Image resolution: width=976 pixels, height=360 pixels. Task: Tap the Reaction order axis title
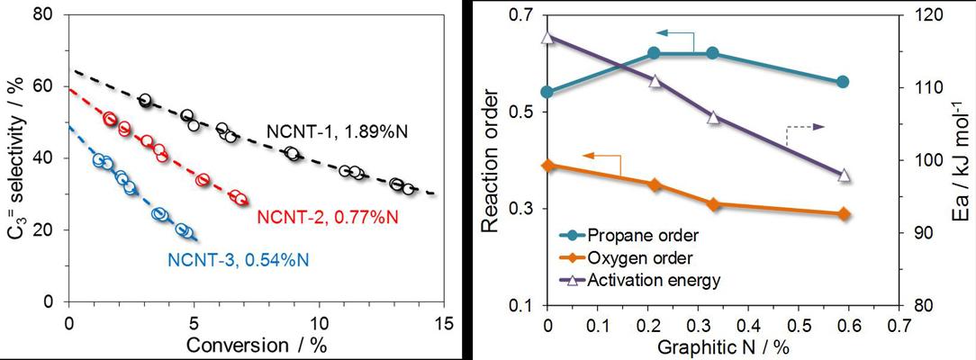tap(490, 160)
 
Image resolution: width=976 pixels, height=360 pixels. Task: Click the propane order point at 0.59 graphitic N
tap(844, 82)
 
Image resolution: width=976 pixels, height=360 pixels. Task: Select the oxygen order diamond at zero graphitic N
tap(548, 166)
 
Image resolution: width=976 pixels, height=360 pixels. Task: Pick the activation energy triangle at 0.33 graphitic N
tap(713, 117)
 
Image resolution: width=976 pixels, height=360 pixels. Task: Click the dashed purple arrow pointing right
tap(807, 130)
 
